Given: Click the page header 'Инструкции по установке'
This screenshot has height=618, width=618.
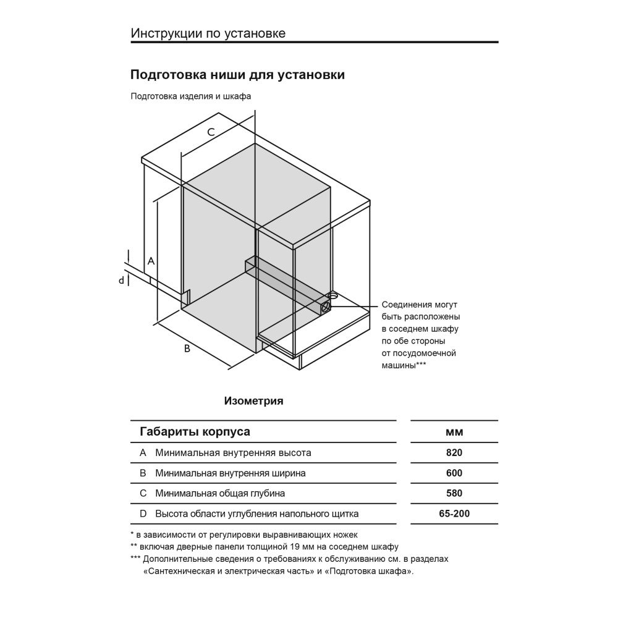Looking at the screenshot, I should (208, 33).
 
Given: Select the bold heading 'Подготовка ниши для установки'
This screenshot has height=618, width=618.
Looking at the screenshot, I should (237, 75).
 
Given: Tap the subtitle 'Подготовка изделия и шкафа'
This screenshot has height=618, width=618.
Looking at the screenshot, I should (191, 96).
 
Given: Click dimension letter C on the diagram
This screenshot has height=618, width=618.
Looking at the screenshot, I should (211, 132).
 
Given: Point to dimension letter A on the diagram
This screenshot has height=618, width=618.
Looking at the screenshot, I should (150, 261).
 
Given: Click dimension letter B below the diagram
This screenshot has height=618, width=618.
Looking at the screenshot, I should (187, 349).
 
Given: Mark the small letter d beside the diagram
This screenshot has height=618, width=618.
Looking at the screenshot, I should (122, 281).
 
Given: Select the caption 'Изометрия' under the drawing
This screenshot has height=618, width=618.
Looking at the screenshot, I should (253, 401).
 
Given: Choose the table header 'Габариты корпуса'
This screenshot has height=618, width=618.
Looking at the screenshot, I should (195, 431).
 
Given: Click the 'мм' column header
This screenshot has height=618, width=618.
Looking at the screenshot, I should (454, 431).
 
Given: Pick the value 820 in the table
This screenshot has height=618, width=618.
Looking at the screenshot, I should (454, 452).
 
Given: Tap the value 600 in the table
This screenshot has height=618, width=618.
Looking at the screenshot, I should (454, 473).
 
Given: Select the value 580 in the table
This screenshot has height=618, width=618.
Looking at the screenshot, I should (454, 493).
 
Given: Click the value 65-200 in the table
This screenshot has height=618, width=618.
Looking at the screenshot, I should (454, 514).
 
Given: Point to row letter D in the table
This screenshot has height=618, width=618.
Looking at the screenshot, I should (143, 514).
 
